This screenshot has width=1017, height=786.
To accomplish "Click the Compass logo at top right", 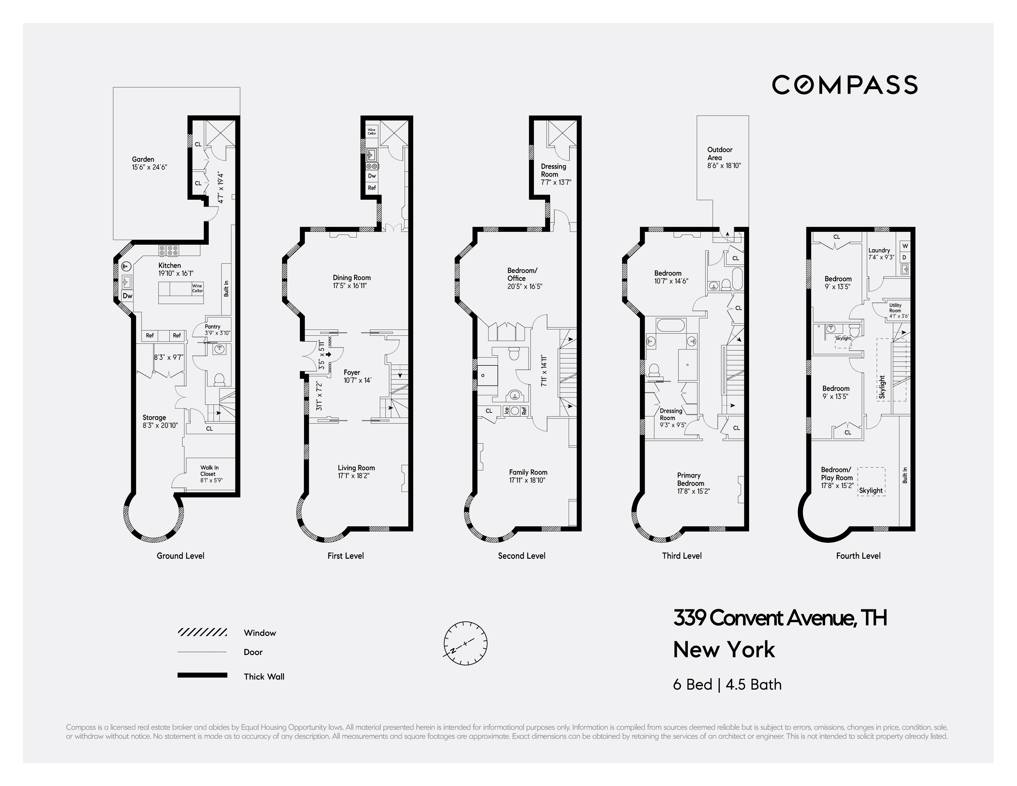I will click(844, 85).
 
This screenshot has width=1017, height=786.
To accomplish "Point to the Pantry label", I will click(212, 327).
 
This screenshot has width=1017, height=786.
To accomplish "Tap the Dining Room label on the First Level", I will click(352, 278).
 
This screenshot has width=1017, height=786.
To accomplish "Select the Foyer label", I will click(352, 372).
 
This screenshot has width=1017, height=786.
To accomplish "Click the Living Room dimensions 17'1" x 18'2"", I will click(354, 476).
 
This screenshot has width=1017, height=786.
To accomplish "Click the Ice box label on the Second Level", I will click(506, 410).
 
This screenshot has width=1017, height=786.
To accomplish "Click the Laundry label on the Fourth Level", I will click(879, 250).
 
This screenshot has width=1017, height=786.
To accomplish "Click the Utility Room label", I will click(895, 308).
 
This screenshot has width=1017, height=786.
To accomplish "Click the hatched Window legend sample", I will click(202, 632).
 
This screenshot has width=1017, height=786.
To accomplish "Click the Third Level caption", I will click(681, 556).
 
